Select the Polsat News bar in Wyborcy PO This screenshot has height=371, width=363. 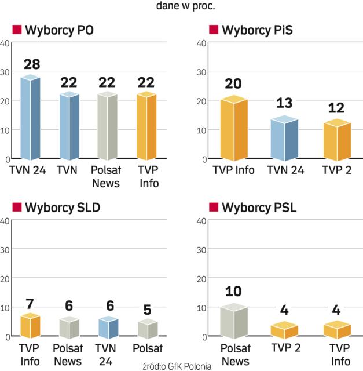tap(107, 126)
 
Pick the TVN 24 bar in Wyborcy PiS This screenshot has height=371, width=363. tap(284, 138)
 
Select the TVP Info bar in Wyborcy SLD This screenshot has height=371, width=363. tap(30, 326)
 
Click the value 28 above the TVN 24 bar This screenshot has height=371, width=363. tap(31, 64)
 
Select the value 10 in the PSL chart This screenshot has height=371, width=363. tap(234, 291)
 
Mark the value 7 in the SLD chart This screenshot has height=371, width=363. tap(31, 303)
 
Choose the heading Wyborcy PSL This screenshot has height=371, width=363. tap(259, 208)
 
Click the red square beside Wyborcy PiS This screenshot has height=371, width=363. tap(213, 30)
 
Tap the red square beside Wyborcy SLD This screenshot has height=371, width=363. tap(17, 208)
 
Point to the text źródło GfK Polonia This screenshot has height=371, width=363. tap(176, 366)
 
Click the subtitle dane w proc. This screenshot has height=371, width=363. tap(182, 7)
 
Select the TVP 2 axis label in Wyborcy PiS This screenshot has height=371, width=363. tap(336, 170)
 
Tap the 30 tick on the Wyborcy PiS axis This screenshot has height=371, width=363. tap(202, 71)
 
